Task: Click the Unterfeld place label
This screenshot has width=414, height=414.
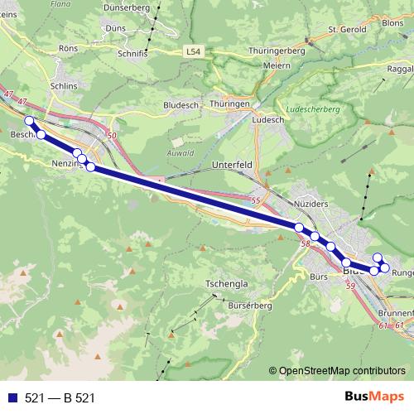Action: [232, 165]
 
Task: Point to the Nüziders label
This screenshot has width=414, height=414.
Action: [311, 203]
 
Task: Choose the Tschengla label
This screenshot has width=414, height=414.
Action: [226, 283]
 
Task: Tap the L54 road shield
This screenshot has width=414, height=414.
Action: [193, 52]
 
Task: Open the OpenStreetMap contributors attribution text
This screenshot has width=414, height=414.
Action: [341, 370]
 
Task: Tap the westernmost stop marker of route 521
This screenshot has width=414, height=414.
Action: [30, 122]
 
